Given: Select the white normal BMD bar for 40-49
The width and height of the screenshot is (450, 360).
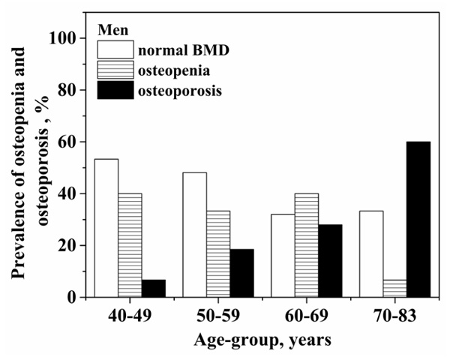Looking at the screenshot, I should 106,228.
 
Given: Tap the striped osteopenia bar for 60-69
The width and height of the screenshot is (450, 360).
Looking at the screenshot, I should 306,245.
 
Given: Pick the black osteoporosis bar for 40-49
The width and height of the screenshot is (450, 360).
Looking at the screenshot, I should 154,288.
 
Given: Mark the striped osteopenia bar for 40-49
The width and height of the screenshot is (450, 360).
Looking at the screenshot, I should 130,245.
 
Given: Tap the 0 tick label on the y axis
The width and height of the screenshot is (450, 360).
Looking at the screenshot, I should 77,297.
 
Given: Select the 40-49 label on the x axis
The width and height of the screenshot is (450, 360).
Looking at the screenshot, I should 130,316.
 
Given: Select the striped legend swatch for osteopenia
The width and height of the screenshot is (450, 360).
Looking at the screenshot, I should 116,70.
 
